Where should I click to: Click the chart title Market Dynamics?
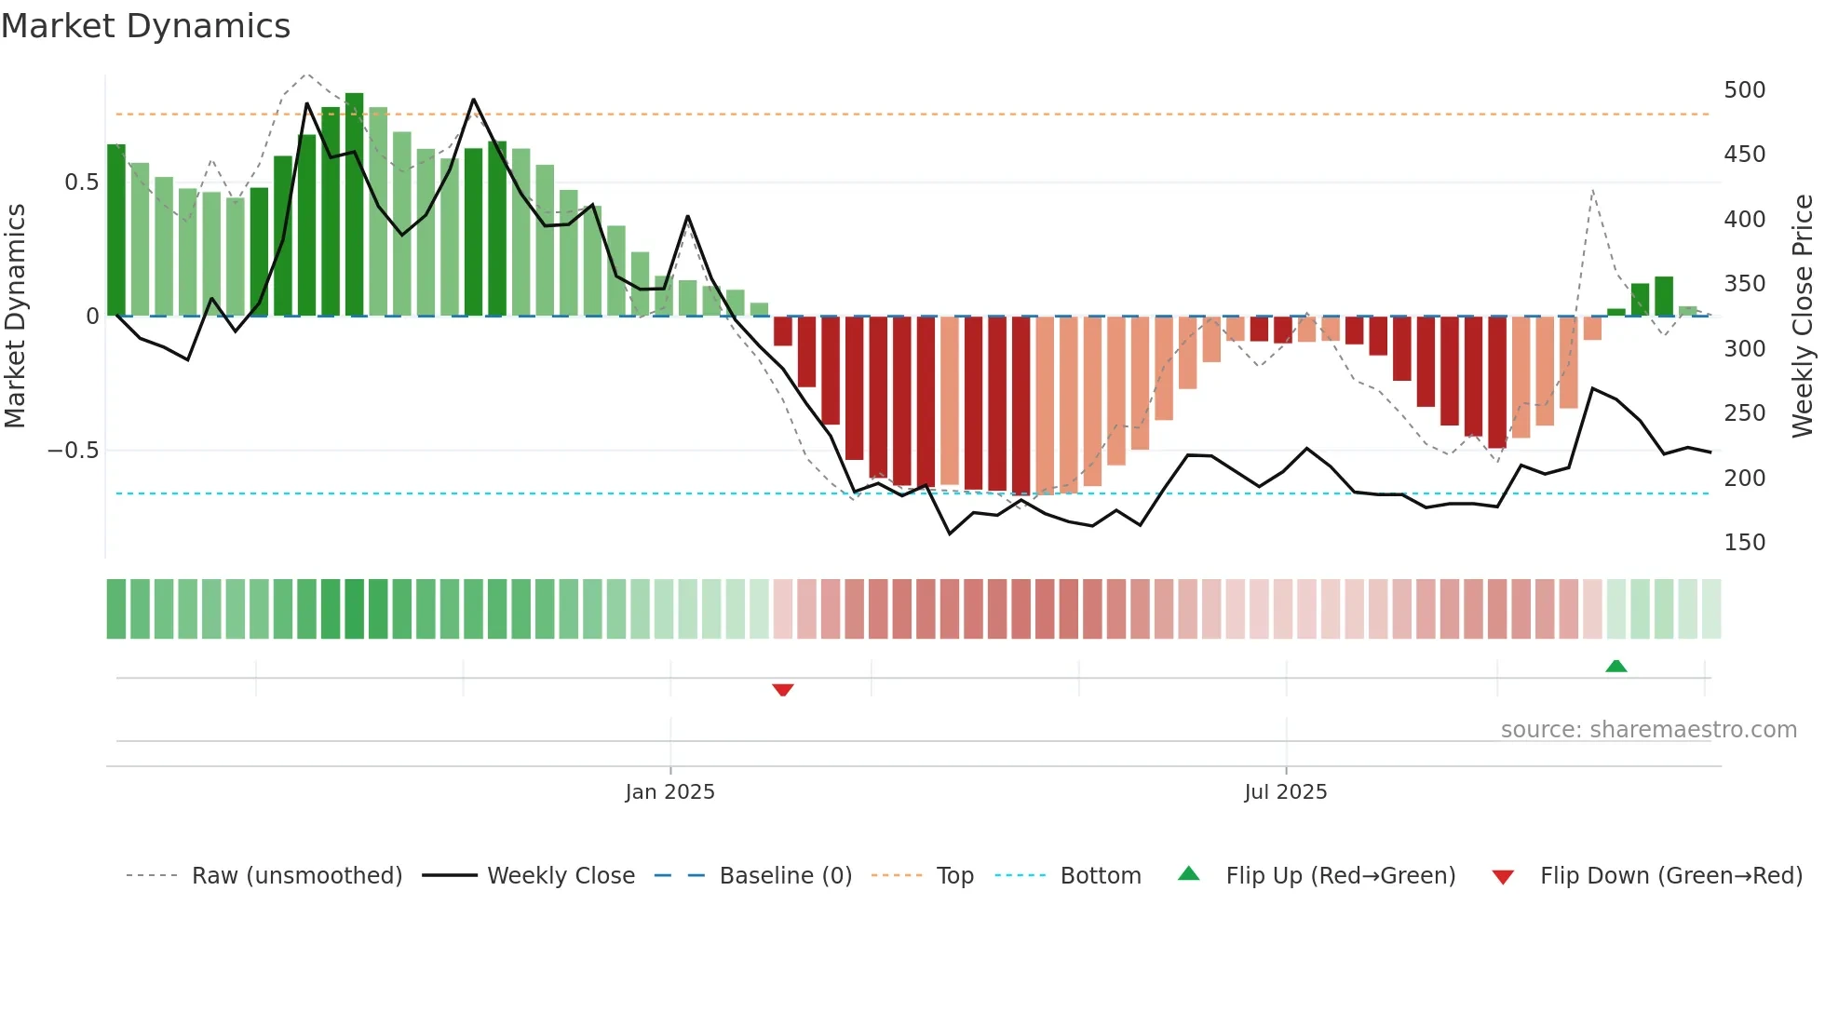(145, 26)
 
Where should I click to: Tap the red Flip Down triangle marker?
(783, 690)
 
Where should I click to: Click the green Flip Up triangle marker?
(1616, 666)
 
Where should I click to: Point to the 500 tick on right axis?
(1744, 90)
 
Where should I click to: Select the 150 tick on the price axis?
(1744, 543)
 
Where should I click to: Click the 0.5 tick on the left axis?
(81, 182)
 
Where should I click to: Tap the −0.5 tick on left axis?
(74, 451)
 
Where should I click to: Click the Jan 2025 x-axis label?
(669, 792)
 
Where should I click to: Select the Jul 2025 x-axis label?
(1285, 792)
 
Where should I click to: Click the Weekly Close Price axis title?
(1803, 317)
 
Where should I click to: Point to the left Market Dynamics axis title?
(15, 317)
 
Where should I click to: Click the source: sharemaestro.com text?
(1648, 730)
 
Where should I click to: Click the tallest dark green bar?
(355, 205)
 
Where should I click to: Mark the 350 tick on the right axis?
(1744, 284)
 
